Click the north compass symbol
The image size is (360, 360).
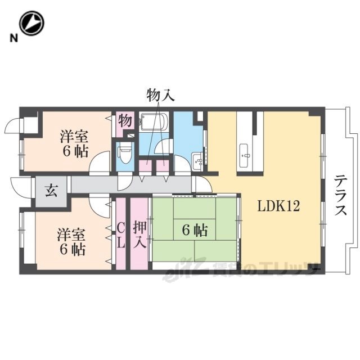point(31,23)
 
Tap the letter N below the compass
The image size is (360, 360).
point(13,38)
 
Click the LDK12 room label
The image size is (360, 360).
point(278,206)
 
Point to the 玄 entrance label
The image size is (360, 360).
point(51,191)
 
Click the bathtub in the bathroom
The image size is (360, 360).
point(154,121)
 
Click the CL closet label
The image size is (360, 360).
point(121,236)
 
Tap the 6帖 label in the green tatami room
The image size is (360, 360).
point(195,230)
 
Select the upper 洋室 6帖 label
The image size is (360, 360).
point(75,143)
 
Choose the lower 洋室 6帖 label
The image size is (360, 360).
point(71,241)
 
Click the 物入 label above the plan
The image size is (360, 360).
point(160,95)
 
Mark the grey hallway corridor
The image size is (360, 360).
point(131,184)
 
